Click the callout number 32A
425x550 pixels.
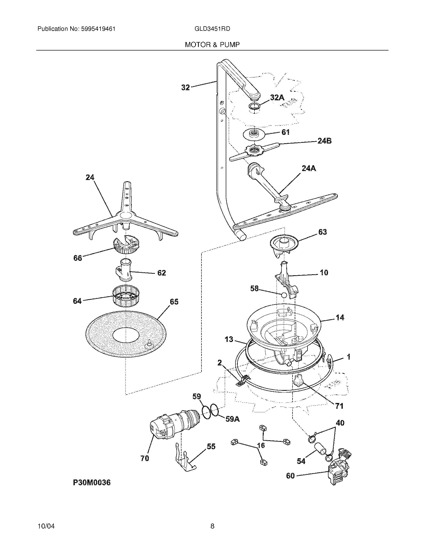[277, 97]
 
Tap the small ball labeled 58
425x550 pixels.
[284, 295]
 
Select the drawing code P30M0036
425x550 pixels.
[92, 482]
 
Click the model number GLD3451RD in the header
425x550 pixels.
[212, 29]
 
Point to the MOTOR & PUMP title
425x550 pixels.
[212, 45]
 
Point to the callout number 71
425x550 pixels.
[339, 406]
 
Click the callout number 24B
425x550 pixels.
[324, 141]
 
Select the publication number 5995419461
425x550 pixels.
[98, 29]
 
